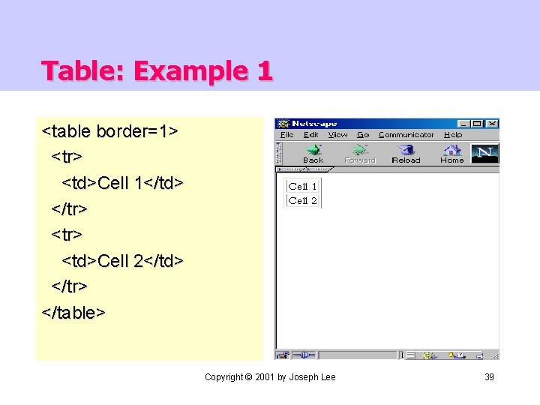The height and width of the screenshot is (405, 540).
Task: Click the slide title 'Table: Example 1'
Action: point(157,71)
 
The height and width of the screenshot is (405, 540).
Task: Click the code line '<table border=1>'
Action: point(109,131)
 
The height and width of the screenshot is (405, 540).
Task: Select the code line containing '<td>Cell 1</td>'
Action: point(122,182)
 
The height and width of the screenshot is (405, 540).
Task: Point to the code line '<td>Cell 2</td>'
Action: point(122,260)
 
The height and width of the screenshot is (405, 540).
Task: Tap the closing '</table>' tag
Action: point(73,311)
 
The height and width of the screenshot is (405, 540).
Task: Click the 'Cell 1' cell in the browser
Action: point(302,186)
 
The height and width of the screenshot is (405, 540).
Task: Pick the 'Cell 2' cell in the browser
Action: point(302,200)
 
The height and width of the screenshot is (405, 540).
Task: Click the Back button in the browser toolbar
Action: point(313,153)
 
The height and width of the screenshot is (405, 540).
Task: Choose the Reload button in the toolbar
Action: point(406,153)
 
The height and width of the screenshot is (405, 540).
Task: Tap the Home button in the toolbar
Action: point(451,153)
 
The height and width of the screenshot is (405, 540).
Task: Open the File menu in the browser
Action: point(286,135)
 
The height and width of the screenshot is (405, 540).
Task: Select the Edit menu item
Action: point(310,135)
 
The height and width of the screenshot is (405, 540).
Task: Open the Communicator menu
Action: point(406,135)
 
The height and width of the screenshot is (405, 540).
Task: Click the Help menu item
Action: point(453,135)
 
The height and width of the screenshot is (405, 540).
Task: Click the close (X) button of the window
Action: point(492,124)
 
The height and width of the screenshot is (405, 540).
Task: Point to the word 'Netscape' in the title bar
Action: point(314,124)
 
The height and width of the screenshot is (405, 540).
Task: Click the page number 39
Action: point(489,376)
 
